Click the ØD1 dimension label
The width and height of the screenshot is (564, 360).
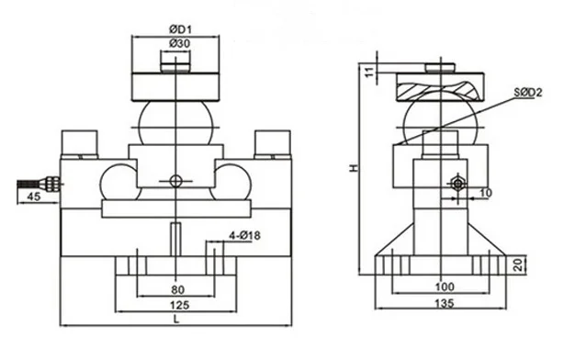tap(180, 28)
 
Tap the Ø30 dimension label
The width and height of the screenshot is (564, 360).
tap(179, 43)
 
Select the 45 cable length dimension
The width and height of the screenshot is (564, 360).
tap(34, 197)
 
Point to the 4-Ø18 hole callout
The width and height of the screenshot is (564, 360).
tap(244, 236)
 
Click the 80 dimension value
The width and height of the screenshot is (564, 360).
tap(177, 289)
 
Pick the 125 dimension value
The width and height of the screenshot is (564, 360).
tap(179, 305)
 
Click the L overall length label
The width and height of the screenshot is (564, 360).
tap(176, 319)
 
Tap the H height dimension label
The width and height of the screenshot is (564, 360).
tap(355, 167)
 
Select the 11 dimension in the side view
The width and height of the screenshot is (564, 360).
tap(370, 72)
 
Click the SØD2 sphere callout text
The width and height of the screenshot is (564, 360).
tap(527, 93)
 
